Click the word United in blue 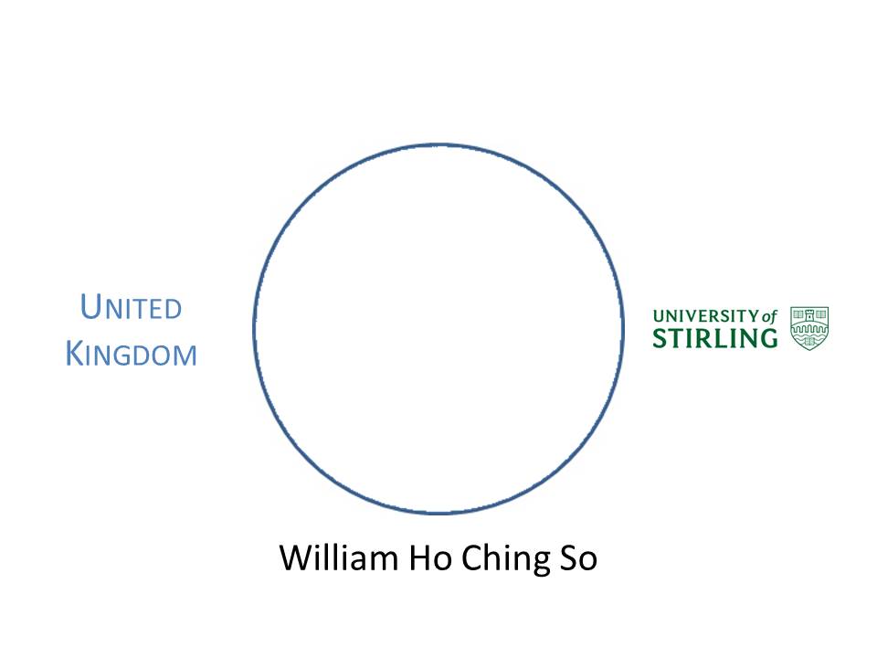pos(132,308)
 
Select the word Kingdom pos(132,354)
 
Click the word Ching pos(501,557)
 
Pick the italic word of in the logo pos(769,316)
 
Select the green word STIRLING pos(714,338)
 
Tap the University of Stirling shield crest pos(809,328)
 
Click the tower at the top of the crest pos(809,315)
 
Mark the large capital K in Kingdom pos(75,354)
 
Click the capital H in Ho pos(424,557)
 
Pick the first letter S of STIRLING pos(660,338)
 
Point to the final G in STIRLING pos(766,338)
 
